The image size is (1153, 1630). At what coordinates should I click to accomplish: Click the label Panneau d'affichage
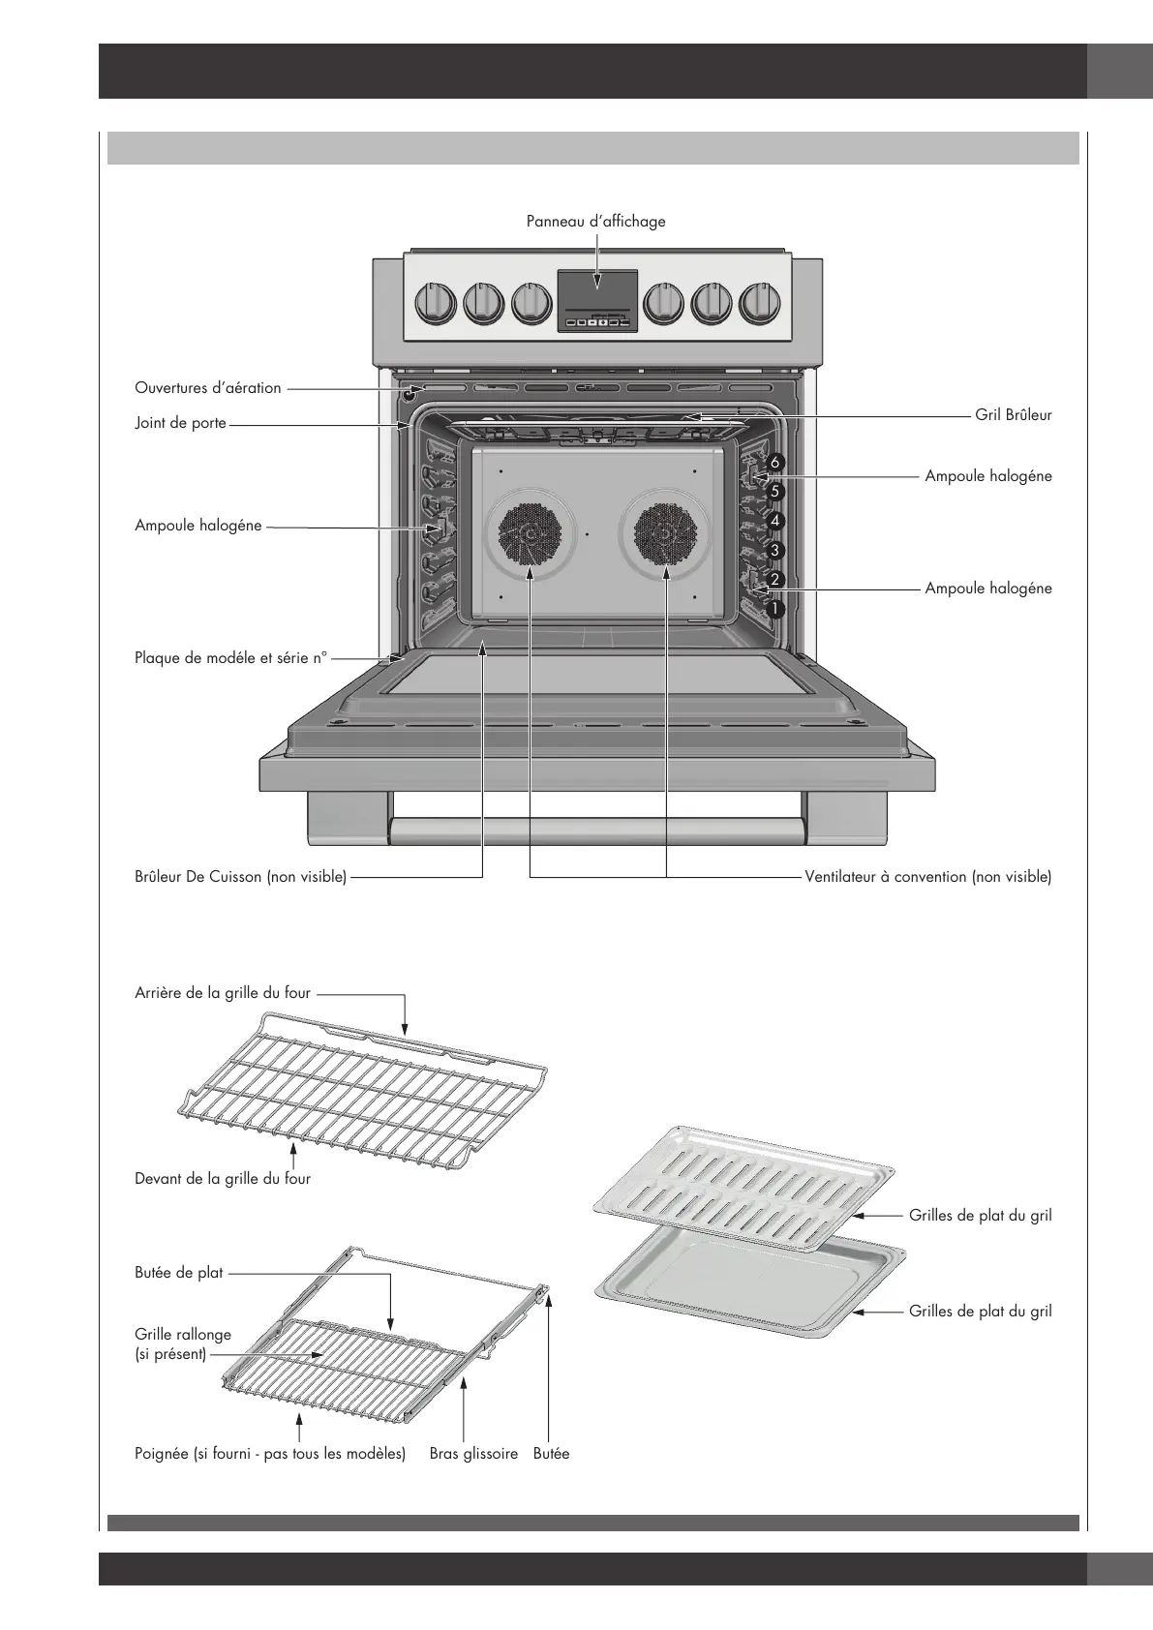[595, 222]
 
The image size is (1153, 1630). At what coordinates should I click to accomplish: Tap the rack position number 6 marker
[774, 463]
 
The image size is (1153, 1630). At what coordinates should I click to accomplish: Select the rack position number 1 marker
[774, 610]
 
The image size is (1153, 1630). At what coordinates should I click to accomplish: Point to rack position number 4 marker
[774, 521]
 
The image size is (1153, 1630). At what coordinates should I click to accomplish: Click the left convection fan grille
[531, 535]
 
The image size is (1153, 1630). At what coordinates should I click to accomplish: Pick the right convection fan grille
[666, 535]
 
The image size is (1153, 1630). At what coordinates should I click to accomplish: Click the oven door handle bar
[597, 830]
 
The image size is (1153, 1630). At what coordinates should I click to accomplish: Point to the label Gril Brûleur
[1013, 415]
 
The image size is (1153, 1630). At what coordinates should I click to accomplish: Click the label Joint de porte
[180, 423]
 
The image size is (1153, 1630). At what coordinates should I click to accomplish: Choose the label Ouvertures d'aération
[208, 388]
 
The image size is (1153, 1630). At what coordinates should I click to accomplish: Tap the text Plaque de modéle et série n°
[231, 658]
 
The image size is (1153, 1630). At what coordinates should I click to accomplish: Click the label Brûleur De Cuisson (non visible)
[240, 877]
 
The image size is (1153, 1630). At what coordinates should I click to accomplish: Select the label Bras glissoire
[473, 1454]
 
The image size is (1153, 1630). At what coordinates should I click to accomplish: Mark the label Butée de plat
[178, 1273]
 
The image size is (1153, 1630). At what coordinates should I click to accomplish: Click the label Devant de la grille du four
[223, 1179]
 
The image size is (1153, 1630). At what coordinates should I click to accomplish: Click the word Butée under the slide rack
[551, 1454]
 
